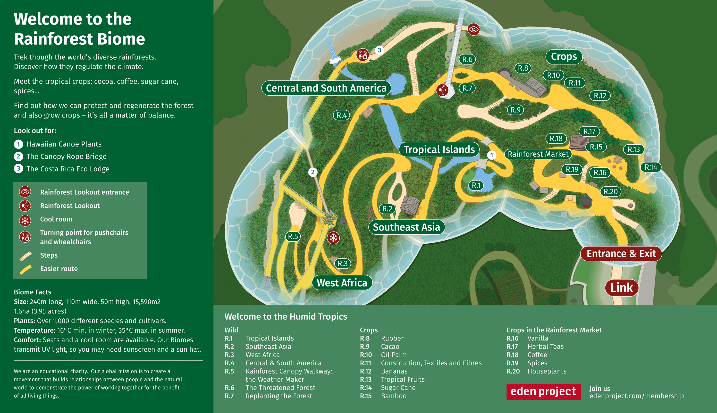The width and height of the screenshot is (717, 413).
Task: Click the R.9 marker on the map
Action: [515, 110]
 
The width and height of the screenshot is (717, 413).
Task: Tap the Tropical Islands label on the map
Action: [439, 149]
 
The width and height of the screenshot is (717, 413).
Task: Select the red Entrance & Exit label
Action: [621, 253]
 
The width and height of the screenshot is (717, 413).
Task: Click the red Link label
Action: [621, 288]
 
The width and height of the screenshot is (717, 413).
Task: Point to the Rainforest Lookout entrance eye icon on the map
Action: [473, 29]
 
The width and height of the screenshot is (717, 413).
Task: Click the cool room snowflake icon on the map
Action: [333, 238]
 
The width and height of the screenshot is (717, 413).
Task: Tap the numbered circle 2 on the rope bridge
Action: [313, 172]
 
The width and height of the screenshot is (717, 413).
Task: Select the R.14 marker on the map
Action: [651, 167]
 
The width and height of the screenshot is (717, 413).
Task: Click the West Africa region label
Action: [342, 282]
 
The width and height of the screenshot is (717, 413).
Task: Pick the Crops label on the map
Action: [564, 57]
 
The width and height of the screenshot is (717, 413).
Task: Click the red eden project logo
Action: [543, 391]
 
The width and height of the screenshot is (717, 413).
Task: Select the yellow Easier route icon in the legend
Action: [25, 269]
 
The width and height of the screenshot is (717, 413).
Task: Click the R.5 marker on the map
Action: [293, 236]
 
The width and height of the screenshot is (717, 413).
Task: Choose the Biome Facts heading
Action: [33, 292]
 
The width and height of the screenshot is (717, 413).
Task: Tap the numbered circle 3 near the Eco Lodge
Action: [379, 50]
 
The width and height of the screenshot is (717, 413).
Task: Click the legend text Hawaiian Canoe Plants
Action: [64, 144]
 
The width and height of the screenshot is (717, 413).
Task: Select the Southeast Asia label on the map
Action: [406, 227]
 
